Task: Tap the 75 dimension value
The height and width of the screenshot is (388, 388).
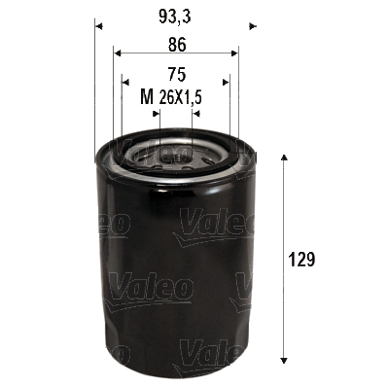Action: click(176, 72)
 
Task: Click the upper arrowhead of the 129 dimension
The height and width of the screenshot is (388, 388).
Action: click(283, 158)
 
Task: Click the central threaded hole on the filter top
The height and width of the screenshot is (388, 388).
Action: click(176, 153)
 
